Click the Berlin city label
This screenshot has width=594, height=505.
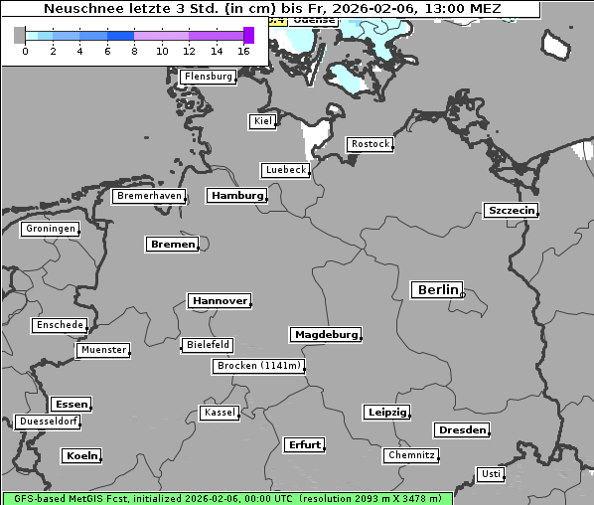click(437, 290)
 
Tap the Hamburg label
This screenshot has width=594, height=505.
click(237, 196)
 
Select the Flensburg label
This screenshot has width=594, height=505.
click(208, 77)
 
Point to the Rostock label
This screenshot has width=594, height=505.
click(370, 144)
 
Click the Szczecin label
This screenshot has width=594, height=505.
click(511, 210)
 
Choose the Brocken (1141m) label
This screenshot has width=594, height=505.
click(257, 366)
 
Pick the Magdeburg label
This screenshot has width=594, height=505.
click(325, 335)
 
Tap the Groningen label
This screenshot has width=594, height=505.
click(50, 229)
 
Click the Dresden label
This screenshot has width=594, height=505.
click(461, 430)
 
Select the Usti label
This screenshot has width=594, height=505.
click(490, 474)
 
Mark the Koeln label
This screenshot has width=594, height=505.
click(81, 456)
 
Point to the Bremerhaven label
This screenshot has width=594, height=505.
click(149, 196)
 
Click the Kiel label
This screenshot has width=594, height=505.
click(262, 121)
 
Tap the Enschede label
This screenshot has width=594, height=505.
click(59, 325)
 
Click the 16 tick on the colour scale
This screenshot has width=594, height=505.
click(244, 51)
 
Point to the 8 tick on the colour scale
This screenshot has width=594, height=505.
click(134, 51)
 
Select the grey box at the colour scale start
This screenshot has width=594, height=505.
click(20, 35)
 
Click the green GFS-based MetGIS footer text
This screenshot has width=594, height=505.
click(226, 498)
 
